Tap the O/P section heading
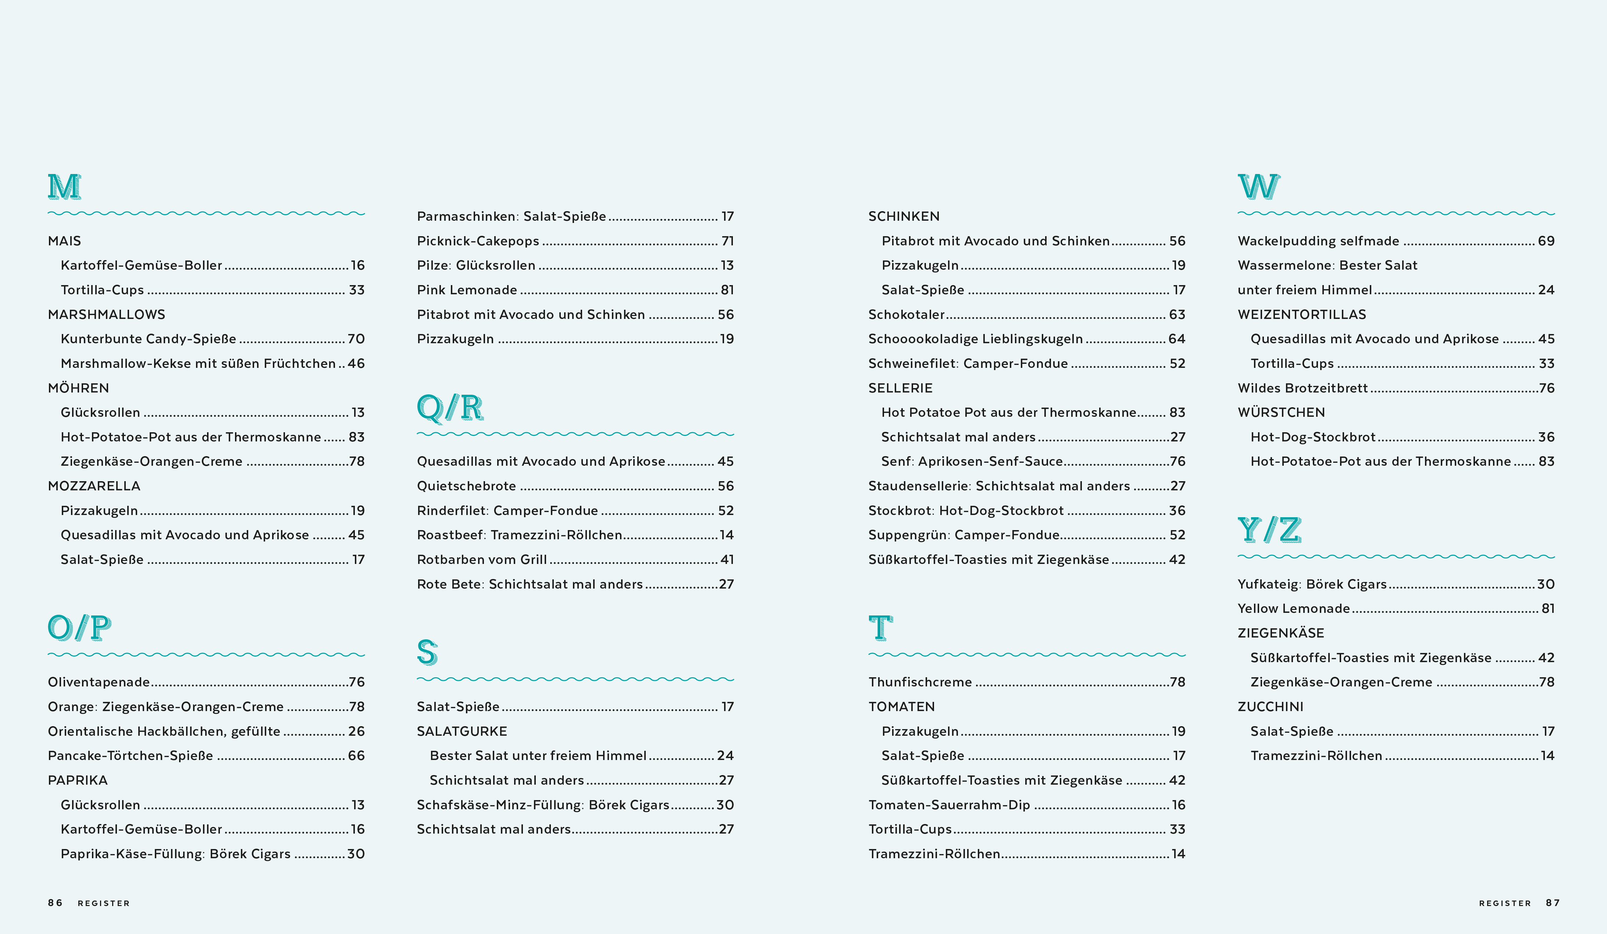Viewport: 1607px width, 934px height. (x=80, y=628)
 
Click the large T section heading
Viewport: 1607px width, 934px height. (x=881, y=628)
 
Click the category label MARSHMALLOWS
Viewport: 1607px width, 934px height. (x=107, y=315)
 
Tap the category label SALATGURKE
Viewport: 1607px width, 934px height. (x=462, y=731)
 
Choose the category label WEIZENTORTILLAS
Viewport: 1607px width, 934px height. (x=1301, y=315)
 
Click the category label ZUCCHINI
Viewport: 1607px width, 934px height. (x=1270, y=707)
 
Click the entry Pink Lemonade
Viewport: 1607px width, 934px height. (x=467, y=290)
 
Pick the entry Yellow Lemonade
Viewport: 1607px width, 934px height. (x=1293, y=609)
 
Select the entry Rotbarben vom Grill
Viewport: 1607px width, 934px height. (x=481, y=560)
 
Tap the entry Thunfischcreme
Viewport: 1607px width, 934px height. (x=920, y=682)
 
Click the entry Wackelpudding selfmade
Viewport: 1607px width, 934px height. (x=1318, y=241)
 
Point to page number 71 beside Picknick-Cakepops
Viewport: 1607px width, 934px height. (x=728, y=241)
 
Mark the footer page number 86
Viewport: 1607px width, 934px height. (x=56, y=903)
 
